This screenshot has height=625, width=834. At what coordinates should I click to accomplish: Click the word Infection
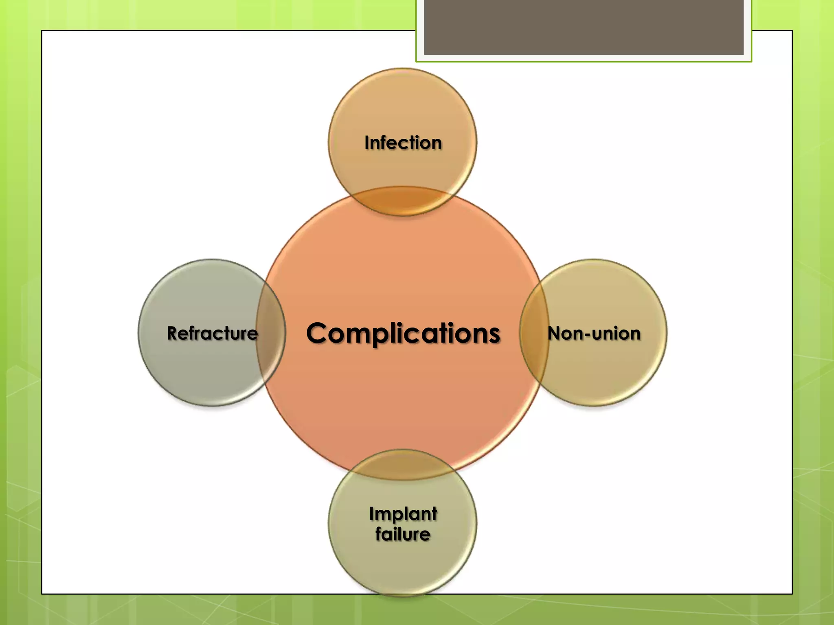point(403,143)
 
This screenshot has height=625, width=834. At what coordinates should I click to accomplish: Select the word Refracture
point(212,333)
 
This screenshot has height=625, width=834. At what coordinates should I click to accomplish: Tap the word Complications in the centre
point(403,333)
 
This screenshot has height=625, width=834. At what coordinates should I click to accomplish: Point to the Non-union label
point(594,333)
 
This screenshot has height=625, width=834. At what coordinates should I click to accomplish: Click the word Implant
point(403,514)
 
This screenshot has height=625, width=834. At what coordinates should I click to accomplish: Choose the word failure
point(403,534)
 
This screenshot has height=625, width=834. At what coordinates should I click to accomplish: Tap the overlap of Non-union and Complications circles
point(534,333)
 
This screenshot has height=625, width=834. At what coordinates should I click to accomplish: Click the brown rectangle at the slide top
point(583,27)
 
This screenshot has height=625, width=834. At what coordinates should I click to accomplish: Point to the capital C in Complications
point(318,333)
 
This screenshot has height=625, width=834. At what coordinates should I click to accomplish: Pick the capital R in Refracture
point(173,333)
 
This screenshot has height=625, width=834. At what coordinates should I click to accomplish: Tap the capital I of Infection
point(367,143)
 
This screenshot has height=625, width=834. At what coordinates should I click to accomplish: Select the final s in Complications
point(494,335)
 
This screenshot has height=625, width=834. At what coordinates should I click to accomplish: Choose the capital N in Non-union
point(555,333)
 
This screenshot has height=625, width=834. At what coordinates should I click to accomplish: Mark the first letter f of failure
point(379,534)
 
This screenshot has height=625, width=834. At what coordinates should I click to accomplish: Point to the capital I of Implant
point(371,514)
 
